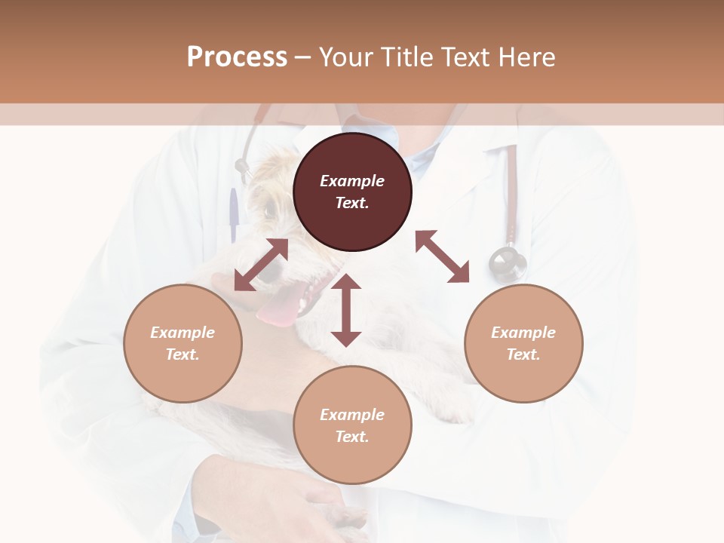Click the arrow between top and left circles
point(261,265)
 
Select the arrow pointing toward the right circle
point(443,256)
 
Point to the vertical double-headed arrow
point(346,310)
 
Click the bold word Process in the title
point(237,57)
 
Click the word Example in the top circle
point(352,181)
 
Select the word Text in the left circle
point(183,354)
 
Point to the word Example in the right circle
point(523,333)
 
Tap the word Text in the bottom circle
point(352,437)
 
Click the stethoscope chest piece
point(507,263)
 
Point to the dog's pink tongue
point(278,305)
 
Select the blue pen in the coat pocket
point(235,214)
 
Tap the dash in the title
point(302,57)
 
